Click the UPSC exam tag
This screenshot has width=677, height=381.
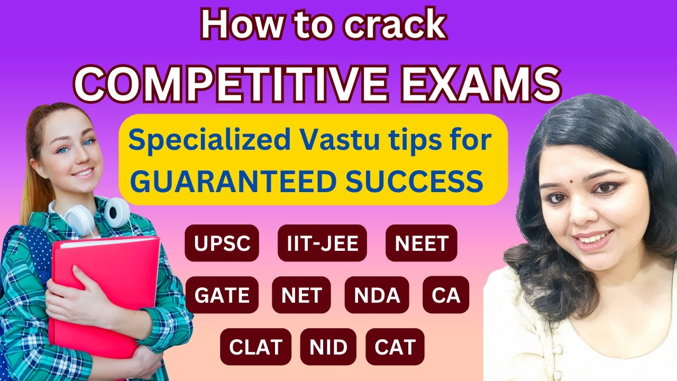click(x=222, y=243)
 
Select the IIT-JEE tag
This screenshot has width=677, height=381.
click(x=322, y=243)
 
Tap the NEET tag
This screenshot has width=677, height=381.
click(x=422, y=243)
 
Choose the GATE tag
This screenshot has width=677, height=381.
click(x=222, y=295)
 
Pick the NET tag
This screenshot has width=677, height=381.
click(x=301, y=295)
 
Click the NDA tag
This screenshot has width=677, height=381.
click(x=377, y=295)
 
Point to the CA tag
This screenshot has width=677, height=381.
click(x=446, y=295)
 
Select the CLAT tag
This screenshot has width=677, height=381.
click(x=255, y=347)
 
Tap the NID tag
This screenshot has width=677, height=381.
click(x=328, y=347)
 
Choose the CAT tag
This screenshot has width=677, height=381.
click(x=395, y=347)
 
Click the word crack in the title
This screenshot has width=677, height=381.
click(x=395, y=25)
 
